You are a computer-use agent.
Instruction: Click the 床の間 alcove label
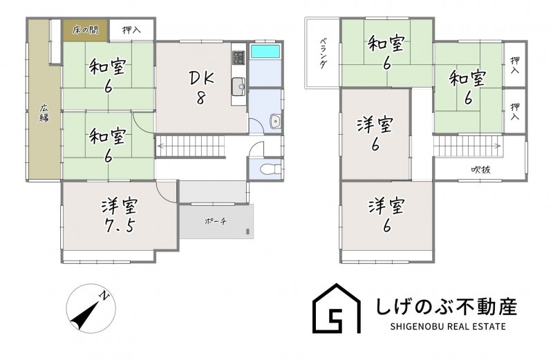click(85, 30)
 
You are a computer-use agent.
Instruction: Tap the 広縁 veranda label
click(44, 113)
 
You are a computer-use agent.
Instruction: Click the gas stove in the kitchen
click(238, 57)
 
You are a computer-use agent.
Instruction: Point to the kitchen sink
click(238, 86)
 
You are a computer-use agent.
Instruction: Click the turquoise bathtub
click(265, 51)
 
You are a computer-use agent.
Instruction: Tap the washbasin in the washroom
click(274, 122)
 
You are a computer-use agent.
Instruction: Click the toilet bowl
click(270, 169)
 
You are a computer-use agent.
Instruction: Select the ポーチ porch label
click(216, 221)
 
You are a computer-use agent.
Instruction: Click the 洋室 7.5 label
click(120, 216)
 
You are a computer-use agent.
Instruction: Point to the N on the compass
click(104, 296)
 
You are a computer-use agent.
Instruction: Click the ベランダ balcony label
click(323, 53)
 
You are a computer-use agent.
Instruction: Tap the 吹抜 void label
click(480, 169)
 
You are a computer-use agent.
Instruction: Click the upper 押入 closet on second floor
click(514, 65)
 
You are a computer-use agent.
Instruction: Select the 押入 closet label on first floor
click(131, 30)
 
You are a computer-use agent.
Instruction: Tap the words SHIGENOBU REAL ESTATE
click(448, 327)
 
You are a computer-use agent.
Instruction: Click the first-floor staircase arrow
click(191, 145)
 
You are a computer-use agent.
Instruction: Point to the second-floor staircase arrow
click(467, 145)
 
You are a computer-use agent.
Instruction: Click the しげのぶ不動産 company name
click(447, 306)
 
